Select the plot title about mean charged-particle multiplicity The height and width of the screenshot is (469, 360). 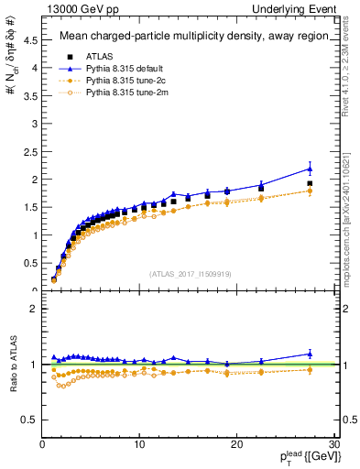point(189,37)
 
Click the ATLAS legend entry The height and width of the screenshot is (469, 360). point(100,56)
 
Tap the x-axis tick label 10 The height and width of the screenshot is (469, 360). point(139,445)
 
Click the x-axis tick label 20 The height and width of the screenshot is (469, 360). point(236,445)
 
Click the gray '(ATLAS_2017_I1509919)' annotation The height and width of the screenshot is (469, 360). point(189,273)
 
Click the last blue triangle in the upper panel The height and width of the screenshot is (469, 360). point(310,169)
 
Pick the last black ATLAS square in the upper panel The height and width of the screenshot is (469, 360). point(310,183)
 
